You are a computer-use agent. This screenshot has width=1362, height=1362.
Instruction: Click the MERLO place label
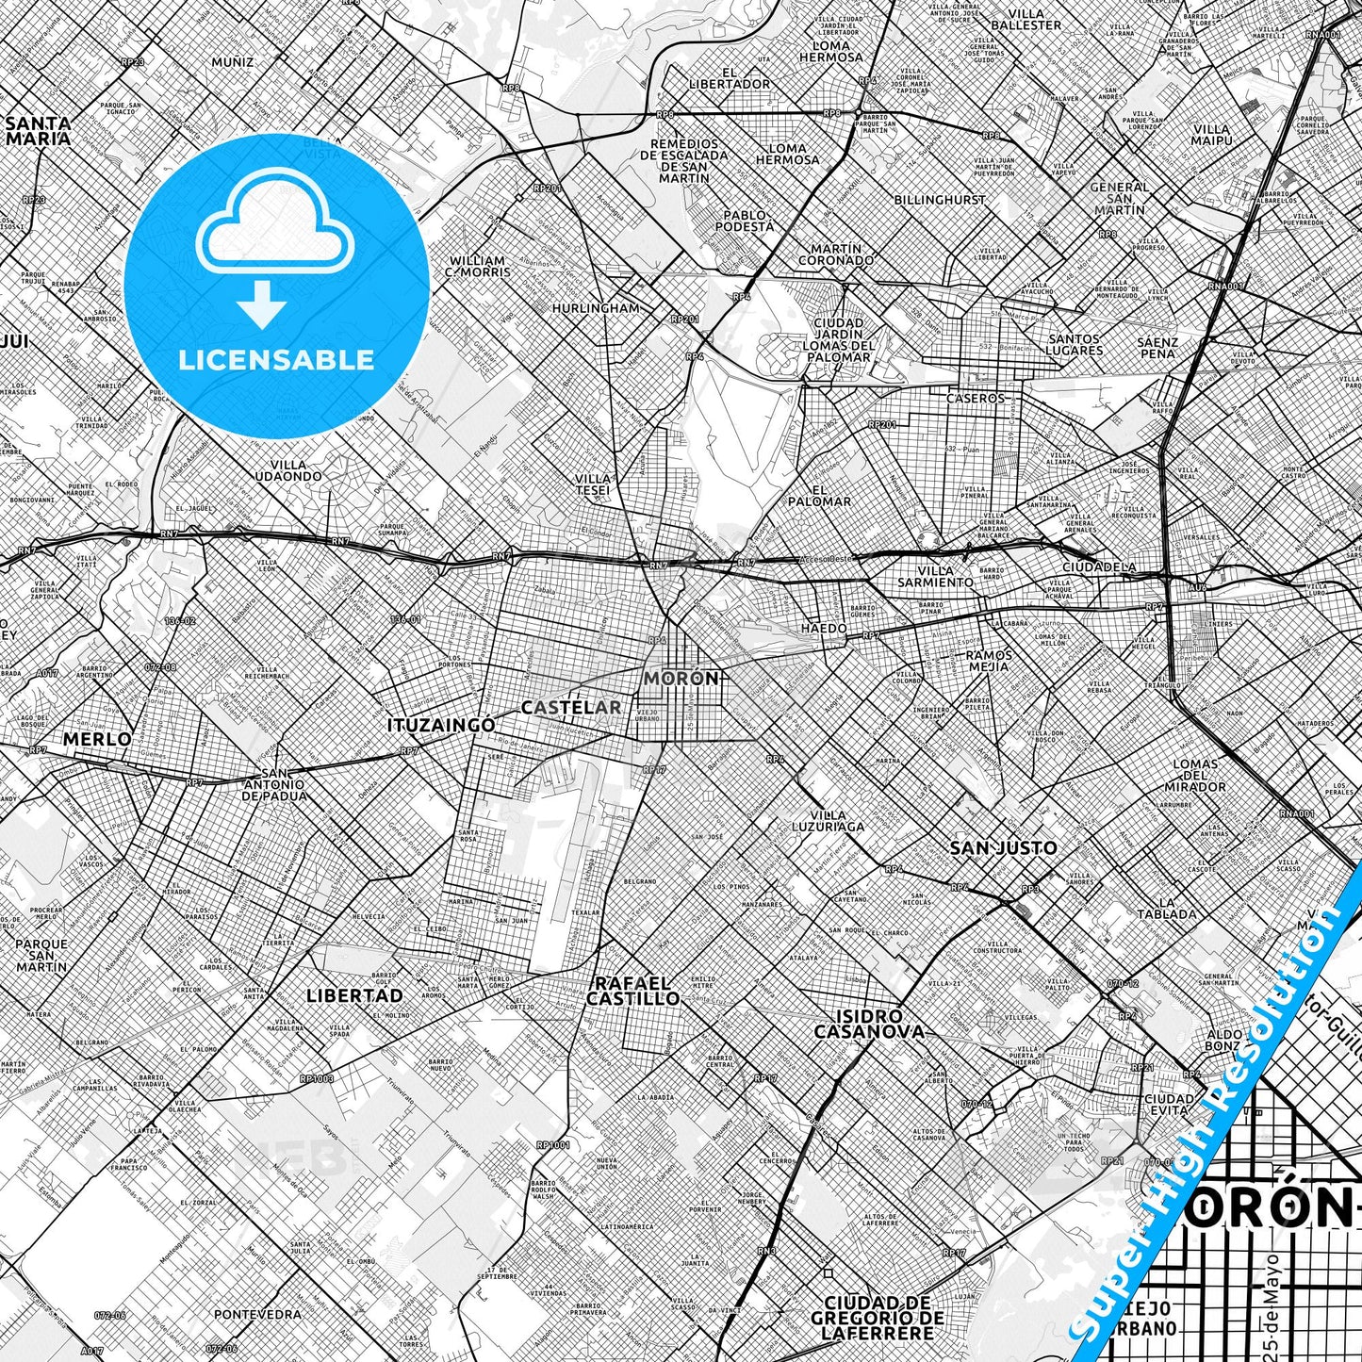(98, 740)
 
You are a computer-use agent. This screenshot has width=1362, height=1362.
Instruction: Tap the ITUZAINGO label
(440, 725)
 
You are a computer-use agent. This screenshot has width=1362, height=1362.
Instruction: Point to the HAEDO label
(824, 628)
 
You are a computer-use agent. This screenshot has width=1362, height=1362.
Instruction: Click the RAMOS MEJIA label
(990, 661)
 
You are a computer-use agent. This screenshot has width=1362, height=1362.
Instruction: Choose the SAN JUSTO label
(1003, 848)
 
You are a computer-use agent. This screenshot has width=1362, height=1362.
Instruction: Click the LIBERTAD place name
(354, 995)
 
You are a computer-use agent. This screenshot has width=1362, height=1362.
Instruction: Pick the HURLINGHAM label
(596, 308)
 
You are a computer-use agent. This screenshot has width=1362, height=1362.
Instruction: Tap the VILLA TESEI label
(594, 484)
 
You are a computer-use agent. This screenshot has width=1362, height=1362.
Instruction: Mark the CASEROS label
(976, 398)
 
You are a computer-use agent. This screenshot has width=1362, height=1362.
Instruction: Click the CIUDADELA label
(1098, 567)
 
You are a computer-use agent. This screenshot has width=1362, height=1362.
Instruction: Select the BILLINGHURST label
(940, 200)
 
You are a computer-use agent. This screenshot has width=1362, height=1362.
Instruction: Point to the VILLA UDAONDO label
(295, 470)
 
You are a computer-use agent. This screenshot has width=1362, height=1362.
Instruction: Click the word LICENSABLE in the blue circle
(277, 359)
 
